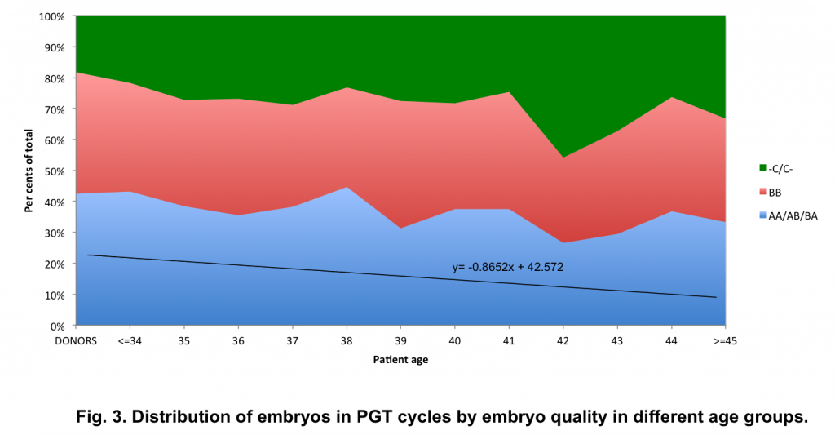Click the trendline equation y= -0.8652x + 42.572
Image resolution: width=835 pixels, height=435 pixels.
(507, 267)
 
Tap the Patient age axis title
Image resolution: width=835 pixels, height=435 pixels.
(400, 360)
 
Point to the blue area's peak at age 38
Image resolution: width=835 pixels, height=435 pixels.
(346, 188)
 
